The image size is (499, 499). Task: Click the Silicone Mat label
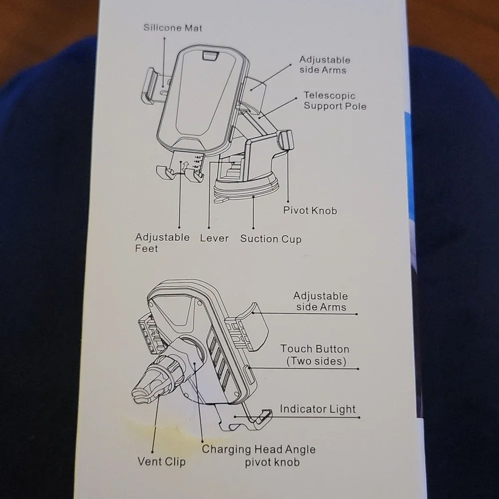[173, 28]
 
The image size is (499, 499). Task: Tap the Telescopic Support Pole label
[335, 101]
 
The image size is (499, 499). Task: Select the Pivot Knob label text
[310, 211]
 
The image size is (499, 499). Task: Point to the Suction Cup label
[271, 239]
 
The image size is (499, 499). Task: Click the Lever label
[214, 239]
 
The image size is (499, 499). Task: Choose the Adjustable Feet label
[162, 243]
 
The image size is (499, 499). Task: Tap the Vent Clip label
[162, 462]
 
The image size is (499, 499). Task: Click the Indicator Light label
[317, 409]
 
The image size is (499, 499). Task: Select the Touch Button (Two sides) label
[315, 355]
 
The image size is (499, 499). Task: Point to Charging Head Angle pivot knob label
[258, 456]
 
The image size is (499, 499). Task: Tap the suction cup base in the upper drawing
[247, 189]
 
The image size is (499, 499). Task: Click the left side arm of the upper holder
[152, 86]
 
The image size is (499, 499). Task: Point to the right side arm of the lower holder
[251, 326]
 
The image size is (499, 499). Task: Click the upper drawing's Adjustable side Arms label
[324, 65]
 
